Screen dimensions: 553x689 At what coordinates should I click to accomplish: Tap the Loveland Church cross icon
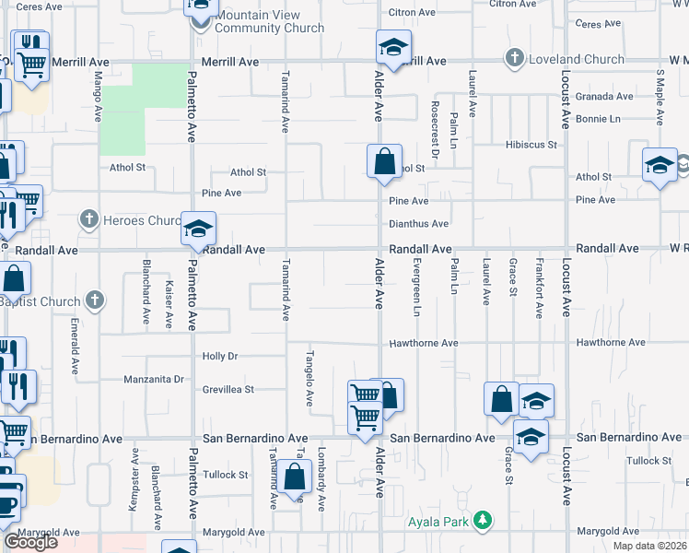515,59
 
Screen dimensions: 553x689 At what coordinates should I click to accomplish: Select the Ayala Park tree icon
481,522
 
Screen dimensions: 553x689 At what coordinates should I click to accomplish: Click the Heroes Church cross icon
88,219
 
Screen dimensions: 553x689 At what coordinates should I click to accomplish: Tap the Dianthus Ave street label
418,224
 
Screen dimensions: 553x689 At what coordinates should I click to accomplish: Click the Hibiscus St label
531,145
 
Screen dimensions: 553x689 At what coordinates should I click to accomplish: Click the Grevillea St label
228,390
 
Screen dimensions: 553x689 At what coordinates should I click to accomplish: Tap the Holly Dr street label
220,356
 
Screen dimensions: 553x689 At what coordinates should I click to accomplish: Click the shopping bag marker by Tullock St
295,478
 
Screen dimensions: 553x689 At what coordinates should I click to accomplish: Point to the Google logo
30,542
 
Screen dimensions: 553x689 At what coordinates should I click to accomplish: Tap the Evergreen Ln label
415,300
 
